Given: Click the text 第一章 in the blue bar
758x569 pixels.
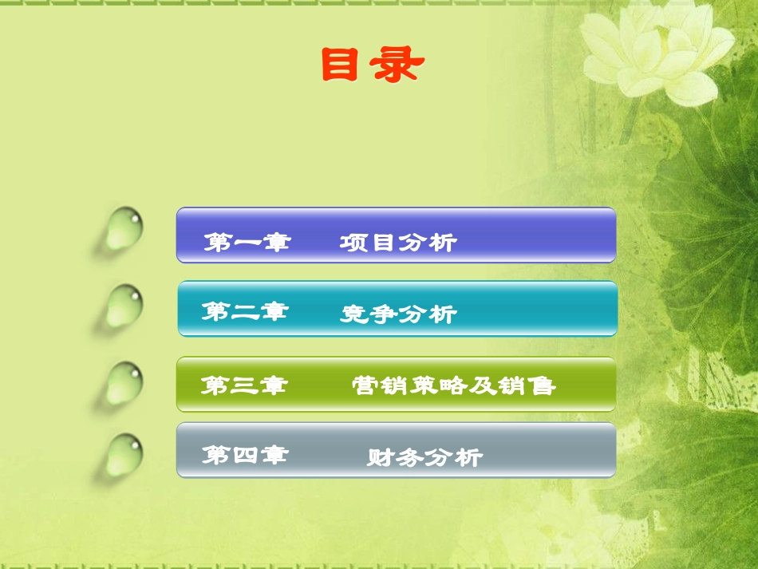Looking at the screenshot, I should pos(247,241).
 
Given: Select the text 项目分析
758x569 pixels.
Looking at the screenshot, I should pos(398,242).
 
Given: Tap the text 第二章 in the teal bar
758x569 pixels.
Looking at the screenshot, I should pos(244,311).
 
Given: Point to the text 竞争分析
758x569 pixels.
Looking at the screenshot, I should pos(398,314).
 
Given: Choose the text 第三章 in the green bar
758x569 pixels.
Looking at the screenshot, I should pos(244,386).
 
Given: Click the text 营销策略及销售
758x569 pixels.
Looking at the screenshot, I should pos(454,386).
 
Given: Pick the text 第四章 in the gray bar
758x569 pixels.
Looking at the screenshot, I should pos(244,456).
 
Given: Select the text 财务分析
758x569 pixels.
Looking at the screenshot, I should pos(424,457).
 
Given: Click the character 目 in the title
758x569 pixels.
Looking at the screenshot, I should pos(340,65).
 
